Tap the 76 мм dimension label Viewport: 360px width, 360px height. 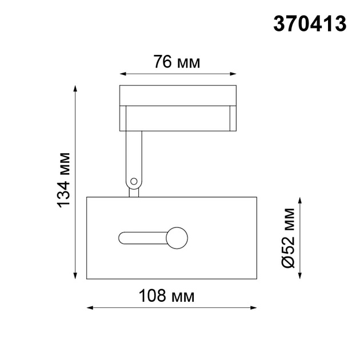pyautogui.click(x=177, y=62)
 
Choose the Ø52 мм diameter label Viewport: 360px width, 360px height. pyautogui.click(x=289, y=237)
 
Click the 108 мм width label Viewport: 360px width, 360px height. pyautogui.click(x=167, y=296)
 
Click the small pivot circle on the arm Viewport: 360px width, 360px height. pyautogui.click(x=134, y=181)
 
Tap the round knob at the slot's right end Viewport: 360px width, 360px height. pyautogui.click(x=177, y=238)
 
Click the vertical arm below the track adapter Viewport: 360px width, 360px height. pyautogui.click(x=133, y=154)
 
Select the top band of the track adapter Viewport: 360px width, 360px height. pyautogui.click(x=178, y=95)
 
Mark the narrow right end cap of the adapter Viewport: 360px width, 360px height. pyautogui.click(x=232, y=118)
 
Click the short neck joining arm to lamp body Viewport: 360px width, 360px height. pyautogui.click(x=134, y=192)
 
